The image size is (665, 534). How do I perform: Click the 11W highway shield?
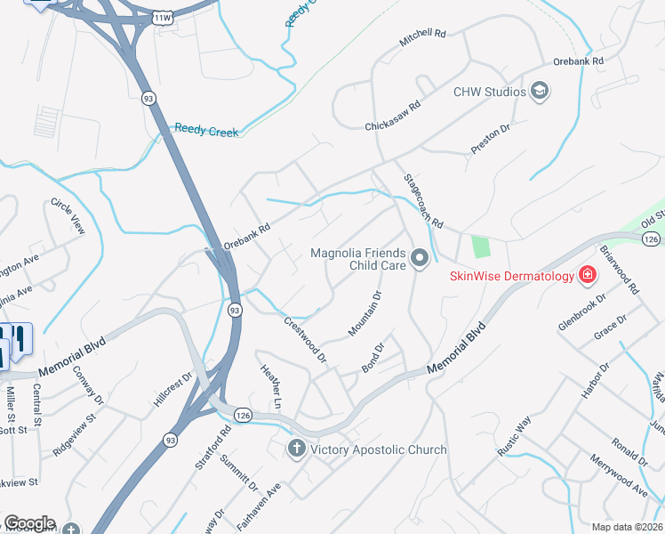162,17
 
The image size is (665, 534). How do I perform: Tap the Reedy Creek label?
206,131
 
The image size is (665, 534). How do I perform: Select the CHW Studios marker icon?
539,91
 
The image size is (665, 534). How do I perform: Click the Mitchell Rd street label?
421,36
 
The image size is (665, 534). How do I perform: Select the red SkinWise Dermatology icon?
587,275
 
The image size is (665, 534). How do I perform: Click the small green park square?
481,246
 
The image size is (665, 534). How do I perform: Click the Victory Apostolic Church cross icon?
297,449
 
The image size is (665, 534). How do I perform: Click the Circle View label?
68,215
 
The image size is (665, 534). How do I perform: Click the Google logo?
29,523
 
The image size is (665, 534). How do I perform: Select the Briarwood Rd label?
620,270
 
